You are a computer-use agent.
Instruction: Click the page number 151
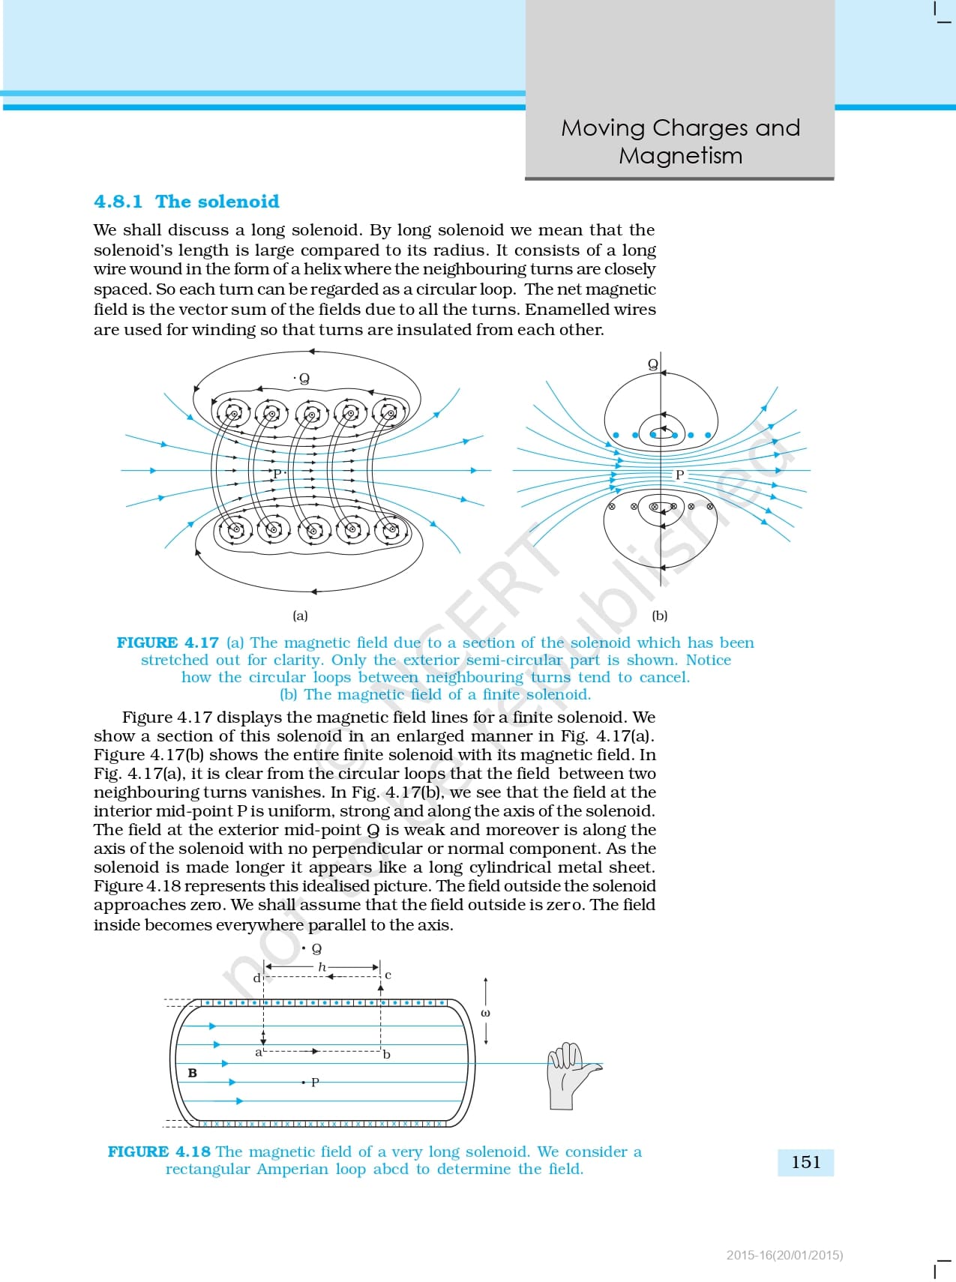[806, 1162]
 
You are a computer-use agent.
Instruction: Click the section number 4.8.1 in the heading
[118, 202]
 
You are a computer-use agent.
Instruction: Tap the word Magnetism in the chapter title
[680, 155]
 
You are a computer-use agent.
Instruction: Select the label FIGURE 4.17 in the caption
[167, 642]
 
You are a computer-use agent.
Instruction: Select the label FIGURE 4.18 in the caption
[158, 1152]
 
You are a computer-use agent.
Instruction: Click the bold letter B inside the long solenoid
[192, 1073]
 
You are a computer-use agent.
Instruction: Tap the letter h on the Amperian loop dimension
[322, 967]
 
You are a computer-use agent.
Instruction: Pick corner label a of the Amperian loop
[259, 1053]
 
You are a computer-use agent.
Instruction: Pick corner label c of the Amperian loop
[388, 975]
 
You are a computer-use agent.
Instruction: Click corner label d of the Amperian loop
[256, 978]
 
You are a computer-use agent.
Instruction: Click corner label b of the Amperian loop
[387, 1054]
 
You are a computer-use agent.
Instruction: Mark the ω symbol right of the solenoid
[485, 1013]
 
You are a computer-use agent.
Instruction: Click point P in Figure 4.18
[315, 1082]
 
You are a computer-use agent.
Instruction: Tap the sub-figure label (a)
[300, 616]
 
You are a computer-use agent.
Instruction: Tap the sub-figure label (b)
[660, 616]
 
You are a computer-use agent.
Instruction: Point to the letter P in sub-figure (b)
[679, 475]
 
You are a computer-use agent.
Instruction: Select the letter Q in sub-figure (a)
[304, 379]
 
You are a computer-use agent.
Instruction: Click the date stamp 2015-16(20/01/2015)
[784, 1255]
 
